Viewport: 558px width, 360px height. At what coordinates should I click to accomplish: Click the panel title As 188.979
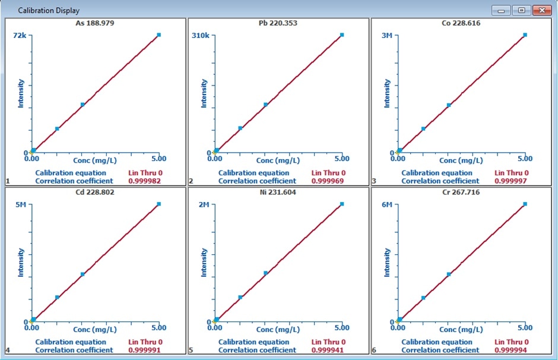point(95,23)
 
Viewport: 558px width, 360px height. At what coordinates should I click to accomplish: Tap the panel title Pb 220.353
point(278,23)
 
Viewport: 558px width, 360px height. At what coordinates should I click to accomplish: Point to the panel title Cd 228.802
point(95,192)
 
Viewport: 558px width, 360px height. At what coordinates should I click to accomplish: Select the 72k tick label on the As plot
point(20,36)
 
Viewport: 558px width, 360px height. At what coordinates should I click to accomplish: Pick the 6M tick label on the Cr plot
point(386,204)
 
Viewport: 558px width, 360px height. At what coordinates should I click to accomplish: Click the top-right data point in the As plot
point(158,35)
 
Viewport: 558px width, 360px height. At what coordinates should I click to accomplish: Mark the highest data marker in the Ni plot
point(342,204)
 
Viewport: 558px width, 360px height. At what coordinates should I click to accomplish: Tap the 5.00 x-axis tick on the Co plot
point(525,159)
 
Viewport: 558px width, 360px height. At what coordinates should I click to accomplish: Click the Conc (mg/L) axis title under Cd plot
point(95,329)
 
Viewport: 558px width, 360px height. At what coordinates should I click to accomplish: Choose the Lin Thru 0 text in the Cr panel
point(512,342)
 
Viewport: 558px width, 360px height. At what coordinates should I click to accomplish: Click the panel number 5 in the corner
point(191,350)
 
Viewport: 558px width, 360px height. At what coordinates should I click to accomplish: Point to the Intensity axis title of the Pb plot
point(204,93)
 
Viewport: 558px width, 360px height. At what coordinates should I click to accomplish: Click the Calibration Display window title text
point(49,11)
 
